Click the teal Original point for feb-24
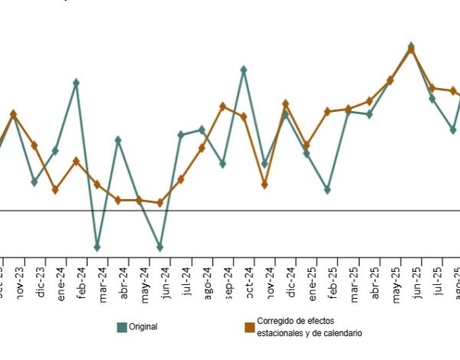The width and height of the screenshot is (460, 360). [76, 82]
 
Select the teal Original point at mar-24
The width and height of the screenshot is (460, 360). [97, 247]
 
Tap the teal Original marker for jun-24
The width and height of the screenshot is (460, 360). [159, 247]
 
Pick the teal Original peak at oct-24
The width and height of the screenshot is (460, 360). [243, 70]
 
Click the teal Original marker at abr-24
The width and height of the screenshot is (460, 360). [118, 140]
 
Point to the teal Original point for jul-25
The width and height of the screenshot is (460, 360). [432, 99]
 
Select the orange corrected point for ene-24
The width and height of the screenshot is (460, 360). [55, 190]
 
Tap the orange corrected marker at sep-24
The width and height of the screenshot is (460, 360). [222, 106]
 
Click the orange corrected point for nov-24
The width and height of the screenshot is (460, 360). [264, 185]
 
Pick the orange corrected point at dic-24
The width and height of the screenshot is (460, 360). [285, 103]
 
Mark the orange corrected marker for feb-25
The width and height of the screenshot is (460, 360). [327, 111]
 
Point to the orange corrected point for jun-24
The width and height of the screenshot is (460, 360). [159, 203]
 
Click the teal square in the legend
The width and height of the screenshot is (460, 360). [122, 327]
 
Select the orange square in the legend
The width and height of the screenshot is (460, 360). [249, 327]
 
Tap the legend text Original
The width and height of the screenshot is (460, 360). [143, 327]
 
